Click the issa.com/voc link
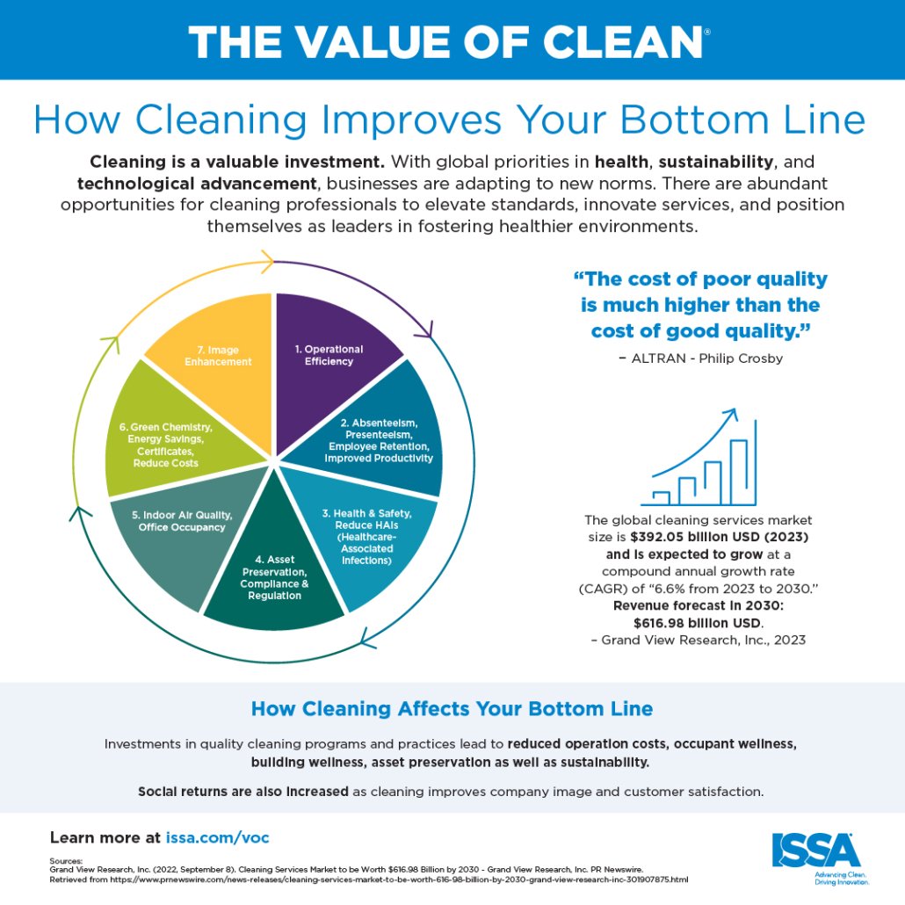[x=218, y=837]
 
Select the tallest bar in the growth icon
[x=739, y=472]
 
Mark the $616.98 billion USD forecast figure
[x=698, y=623]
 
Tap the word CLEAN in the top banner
[x=622, y=42]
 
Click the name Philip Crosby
[x=741, y=358]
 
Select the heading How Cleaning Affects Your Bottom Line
[x=452, y=708]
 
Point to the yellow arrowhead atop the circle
[x=267, y=262]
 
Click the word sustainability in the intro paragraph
[x=716, y=162]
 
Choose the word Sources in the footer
[x=66, y=860]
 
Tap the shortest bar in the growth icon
[x=661, y=499]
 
